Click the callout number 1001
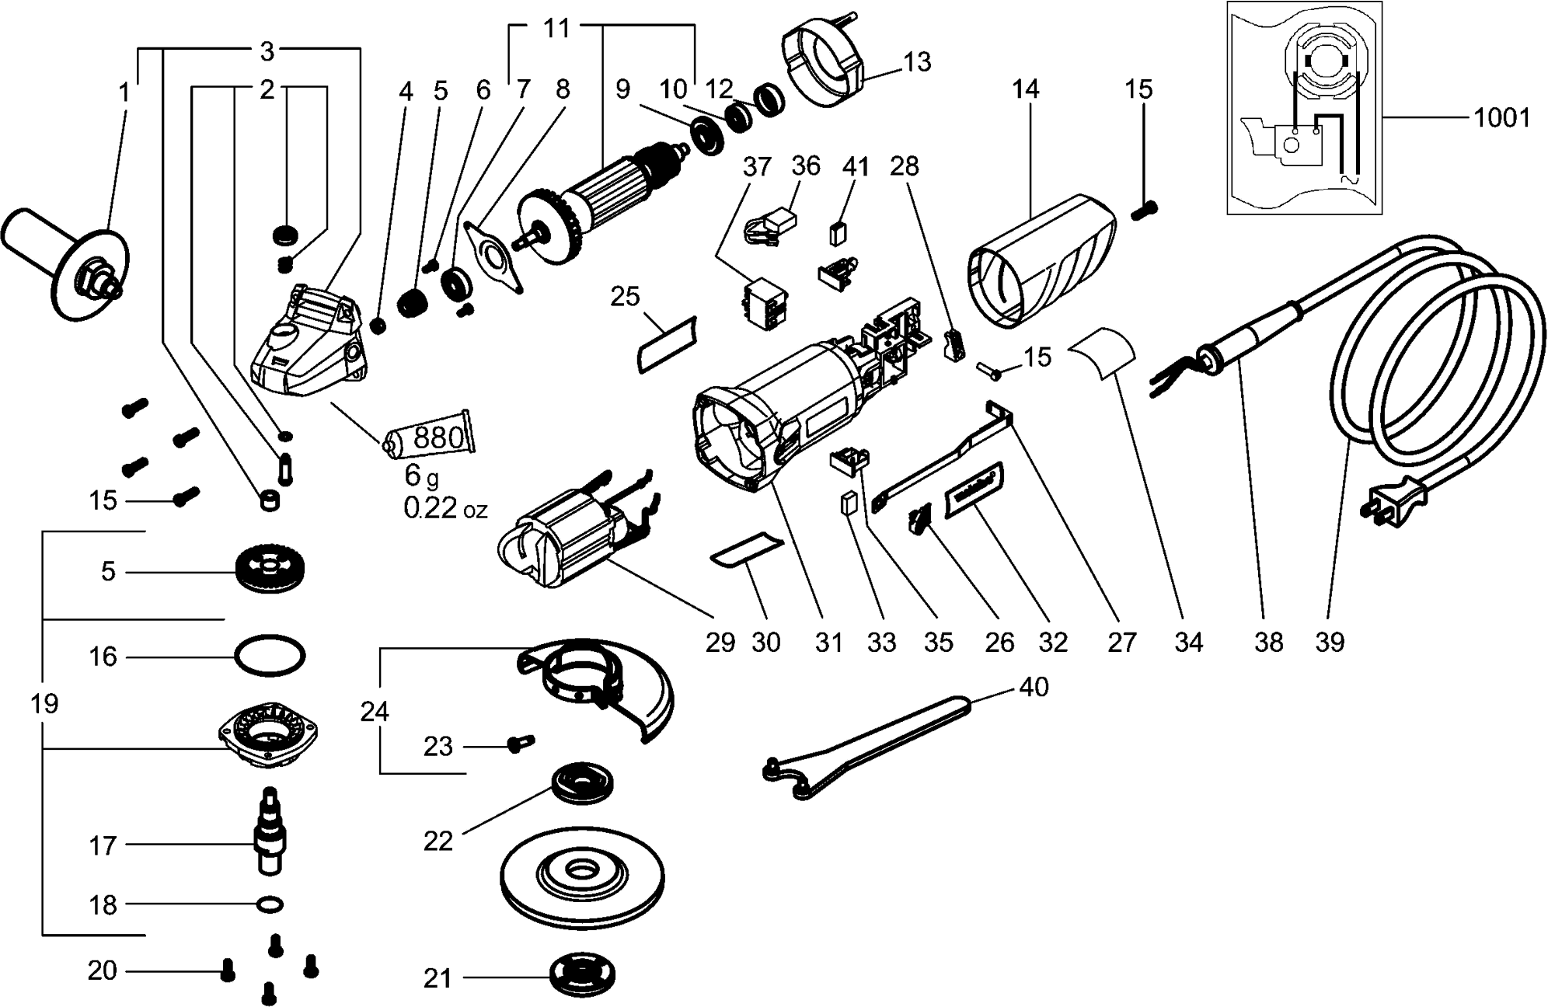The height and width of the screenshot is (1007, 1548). (x=1501, y=119)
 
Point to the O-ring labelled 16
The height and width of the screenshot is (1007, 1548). (x=270, y=656)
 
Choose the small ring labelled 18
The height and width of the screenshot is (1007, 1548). (x=270, y=904)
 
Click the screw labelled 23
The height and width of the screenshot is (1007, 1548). (x=518, y=744)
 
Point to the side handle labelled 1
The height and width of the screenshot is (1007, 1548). (x=66, y=263)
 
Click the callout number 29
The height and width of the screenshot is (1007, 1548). (x=720, y=642)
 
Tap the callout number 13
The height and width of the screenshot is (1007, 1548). (x=917, y=61)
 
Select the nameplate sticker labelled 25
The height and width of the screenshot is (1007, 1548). (x=667, y=342)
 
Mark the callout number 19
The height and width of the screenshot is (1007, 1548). (x=44, y=704)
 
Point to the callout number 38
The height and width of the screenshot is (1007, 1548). (x=1268, y=642)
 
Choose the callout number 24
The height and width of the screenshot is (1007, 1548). (x=375, y=711)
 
